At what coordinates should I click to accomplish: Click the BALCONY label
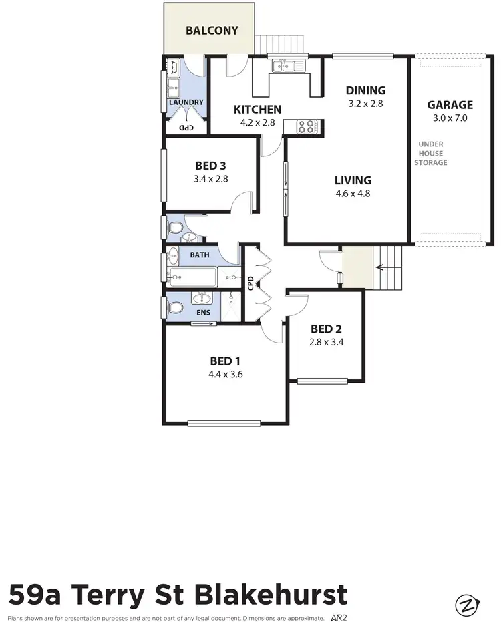212,30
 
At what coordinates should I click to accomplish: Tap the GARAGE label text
450,104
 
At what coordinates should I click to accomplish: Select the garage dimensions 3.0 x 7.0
450,118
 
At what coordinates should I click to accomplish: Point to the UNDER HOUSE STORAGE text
431,153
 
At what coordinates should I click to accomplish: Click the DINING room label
365,90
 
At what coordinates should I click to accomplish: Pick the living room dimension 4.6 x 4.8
353,194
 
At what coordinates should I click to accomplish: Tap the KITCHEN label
257,110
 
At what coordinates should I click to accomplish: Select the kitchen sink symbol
288,65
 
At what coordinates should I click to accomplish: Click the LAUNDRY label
186,102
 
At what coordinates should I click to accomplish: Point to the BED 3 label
210,166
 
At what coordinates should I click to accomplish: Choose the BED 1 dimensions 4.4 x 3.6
225,374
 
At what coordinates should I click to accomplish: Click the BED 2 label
326,329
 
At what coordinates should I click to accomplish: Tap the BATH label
199,255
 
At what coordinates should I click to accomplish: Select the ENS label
203,312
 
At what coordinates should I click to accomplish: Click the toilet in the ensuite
175,308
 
